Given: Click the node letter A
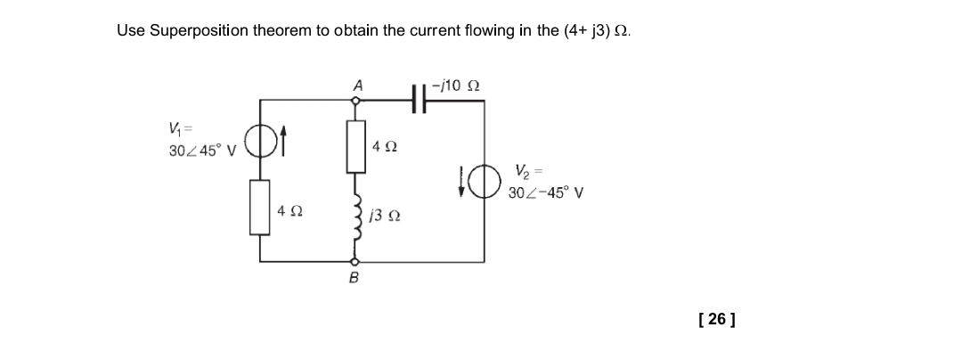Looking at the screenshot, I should coord(357,86).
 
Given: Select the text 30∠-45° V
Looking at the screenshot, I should coord(545,192).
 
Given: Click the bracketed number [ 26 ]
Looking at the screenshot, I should coord(717,318).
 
